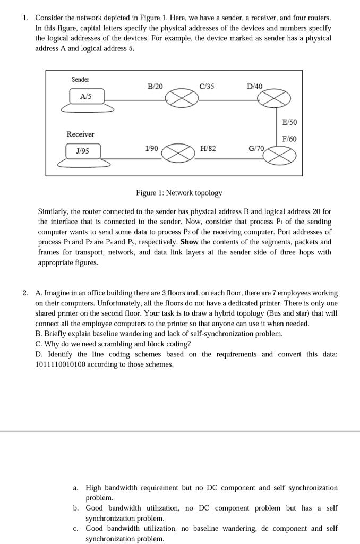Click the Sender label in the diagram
(x=80, y=80)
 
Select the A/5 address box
(x=87, y=96)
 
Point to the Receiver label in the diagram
(x=80, y=134)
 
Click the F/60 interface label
(x=289, y=139)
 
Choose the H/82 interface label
(x=208, y=148)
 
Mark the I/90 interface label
(x=151, y=148)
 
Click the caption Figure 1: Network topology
(x=179, y=193)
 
